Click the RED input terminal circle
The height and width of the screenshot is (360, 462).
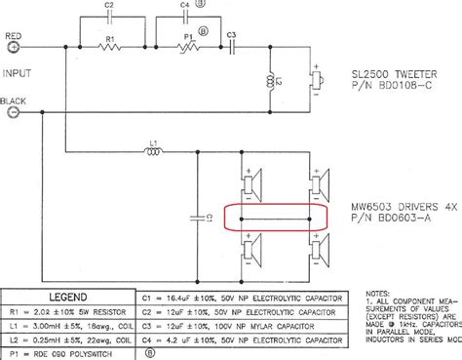point(14,46)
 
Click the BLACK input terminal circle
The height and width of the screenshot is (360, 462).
point(14,112)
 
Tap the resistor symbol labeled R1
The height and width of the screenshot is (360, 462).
point(109,46)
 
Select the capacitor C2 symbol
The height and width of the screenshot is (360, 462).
point(110,18)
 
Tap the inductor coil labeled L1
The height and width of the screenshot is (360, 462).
point(152,152)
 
